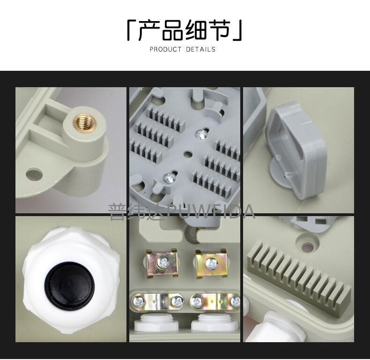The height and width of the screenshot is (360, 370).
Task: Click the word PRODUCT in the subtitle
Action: point(166,49)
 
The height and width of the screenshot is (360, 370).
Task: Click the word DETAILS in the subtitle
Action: point(200,49)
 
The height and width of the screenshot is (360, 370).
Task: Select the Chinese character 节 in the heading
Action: point(218,31)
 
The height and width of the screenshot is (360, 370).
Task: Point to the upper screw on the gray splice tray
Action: point(201,135)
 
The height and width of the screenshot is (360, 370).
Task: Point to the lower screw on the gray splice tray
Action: point(170,177)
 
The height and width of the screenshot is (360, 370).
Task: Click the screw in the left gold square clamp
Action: point(163,262)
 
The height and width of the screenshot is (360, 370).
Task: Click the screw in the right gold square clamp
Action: point(210,263)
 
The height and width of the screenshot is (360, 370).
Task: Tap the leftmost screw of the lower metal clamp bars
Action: point(138,302)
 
